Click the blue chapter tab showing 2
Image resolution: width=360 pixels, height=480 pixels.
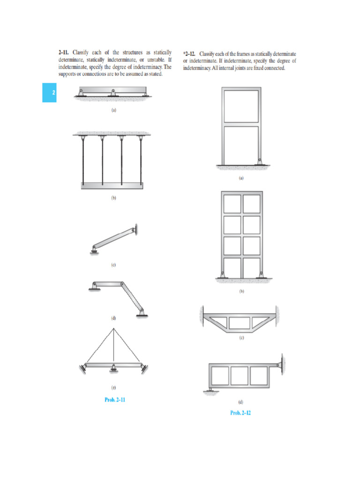pyautogui.click(x=49, y=92)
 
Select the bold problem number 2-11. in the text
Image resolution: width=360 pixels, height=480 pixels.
pyautogui.click(x=64, y=52)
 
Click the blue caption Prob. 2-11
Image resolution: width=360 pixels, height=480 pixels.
pyautogui.click(x=115, y=400)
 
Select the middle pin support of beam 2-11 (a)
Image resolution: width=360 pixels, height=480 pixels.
pyautogui.click(x=113, y=93)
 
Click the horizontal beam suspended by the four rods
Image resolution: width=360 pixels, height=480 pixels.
pyautogui.click(x=113, y=186)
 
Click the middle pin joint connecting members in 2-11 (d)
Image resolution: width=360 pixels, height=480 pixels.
pyautogui.click(x=122, y=284)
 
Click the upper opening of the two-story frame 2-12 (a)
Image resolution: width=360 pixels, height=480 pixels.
pyautogui.click(x=241, y=106)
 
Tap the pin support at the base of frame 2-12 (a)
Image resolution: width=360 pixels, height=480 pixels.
pyautogui.click(x=259, y=161)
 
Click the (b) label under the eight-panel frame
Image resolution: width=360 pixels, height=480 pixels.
pyautogui.click(x=241, y=291)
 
